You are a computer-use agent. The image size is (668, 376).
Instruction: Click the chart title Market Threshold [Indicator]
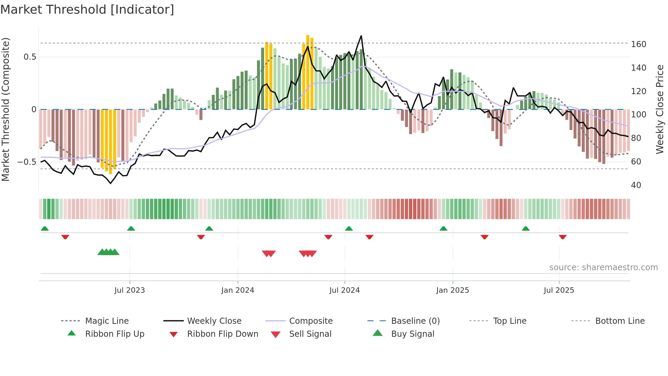pos(87,10)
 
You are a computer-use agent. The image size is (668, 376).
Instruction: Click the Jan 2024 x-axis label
pos(238,290)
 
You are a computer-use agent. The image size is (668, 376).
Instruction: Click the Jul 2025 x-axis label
pos(559,290)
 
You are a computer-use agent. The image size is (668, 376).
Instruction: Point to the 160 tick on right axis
pos(638,44)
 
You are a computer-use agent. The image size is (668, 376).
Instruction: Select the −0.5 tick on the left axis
pos(27,162)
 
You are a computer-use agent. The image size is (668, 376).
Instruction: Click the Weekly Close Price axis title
pos(660,109)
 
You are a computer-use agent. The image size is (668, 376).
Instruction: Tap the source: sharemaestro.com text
pos(603,267)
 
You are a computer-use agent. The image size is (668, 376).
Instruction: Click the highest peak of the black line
pos(361,36)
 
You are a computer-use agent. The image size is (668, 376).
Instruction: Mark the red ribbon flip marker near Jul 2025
pos(563,237)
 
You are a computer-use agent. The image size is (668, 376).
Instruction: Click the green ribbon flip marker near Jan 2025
pos(443,229)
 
